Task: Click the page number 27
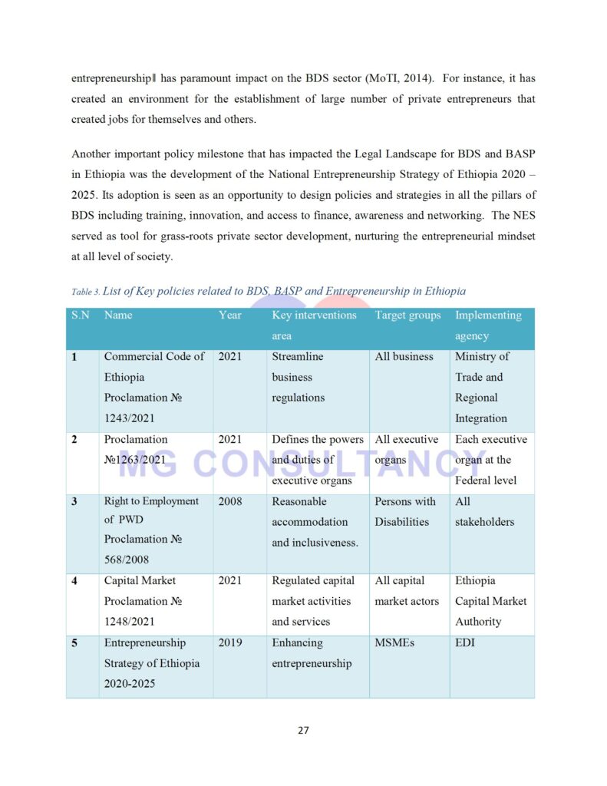[303, 730]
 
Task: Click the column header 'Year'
[229, 315]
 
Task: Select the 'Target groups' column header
[407, 315]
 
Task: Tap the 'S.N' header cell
[80, 315]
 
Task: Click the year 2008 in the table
[229, 501]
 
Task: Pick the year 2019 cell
[229, 642]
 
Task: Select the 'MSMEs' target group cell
[394, 642]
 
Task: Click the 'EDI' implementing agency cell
[465, 642]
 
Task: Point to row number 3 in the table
[74, 502]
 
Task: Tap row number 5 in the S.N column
[74, 643]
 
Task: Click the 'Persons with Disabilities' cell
[404, 511]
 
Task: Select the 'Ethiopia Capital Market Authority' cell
[490, 601]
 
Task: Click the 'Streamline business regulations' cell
[299, 377]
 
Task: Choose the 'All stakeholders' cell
[484, 511]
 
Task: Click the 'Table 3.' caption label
[85, 292]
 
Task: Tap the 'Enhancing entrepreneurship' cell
[311, 652]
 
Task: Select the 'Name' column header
[118, 315]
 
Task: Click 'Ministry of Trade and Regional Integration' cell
[481, 387]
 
